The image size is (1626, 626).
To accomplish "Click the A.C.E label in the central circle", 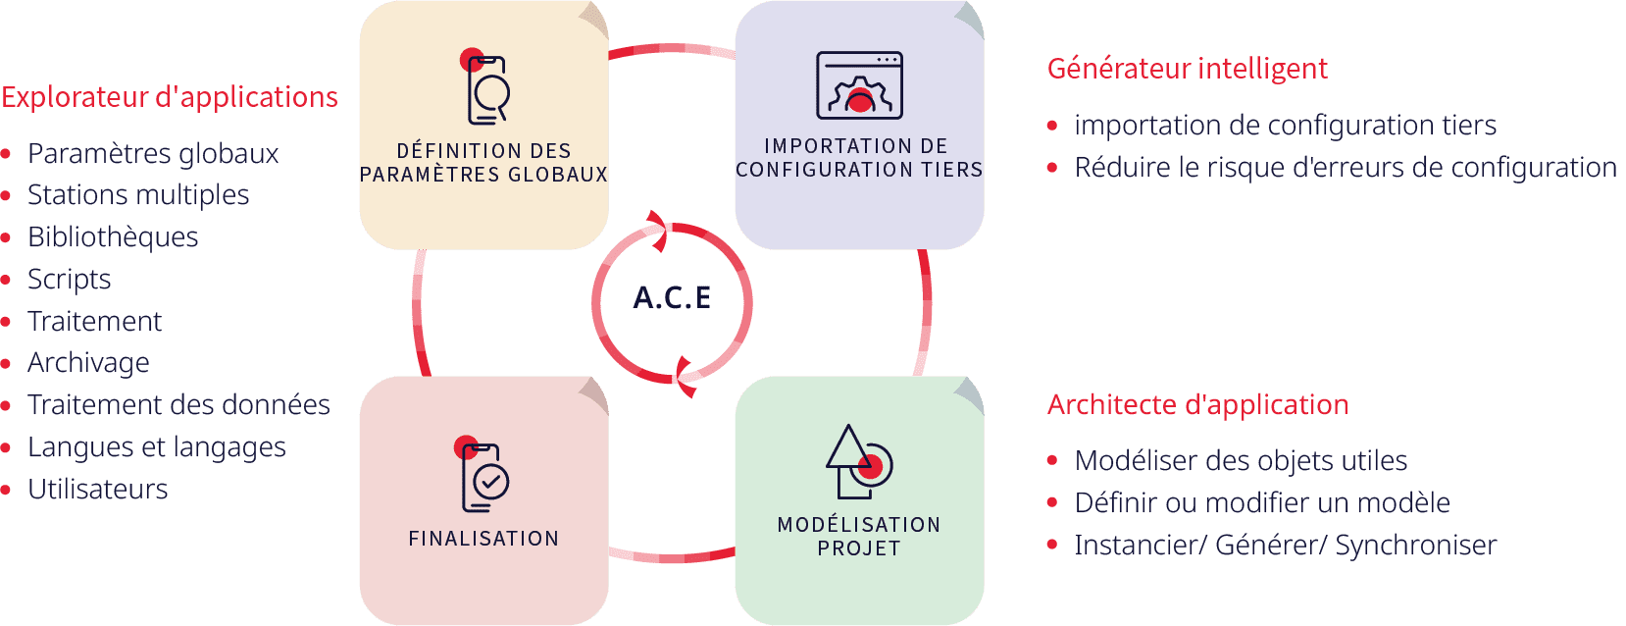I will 673,297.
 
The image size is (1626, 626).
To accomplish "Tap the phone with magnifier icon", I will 486,89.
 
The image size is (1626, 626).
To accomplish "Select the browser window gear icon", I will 859,85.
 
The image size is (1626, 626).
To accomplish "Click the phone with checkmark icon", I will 484,477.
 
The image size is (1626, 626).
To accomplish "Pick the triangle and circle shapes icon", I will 858,461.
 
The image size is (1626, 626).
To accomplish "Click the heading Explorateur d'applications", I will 170,97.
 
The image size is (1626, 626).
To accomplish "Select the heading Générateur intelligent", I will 1187,69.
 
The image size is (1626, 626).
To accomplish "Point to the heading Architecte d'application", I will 1197,404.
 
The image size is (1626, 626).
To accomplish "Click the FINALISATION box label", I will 483,539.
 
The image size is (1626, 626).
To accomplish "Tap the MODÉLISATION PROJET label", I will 859,537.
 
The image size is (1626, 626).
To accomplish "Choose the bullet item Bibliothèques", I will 113,237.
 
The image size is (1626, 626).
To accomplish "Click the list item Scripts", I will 69,280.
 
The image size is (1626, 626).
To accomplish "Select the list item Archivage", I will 88,363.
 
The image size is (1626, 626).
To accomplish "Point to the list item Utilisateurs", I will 97,490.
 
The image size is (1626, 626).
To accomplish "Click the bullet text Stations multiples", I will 138,195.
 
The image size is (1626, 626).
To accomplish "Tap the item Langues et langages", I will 157,447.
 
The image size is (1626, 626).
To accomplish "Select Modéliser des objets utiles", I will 1241,461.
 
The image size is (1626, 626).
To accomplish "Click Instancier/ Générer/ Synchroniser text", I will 1285,546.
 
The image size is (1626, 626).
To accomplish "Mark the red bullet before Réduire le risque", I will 1052,168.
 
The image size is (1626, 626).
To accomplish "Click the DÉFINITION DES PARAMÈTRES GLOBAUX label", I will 483,163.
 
